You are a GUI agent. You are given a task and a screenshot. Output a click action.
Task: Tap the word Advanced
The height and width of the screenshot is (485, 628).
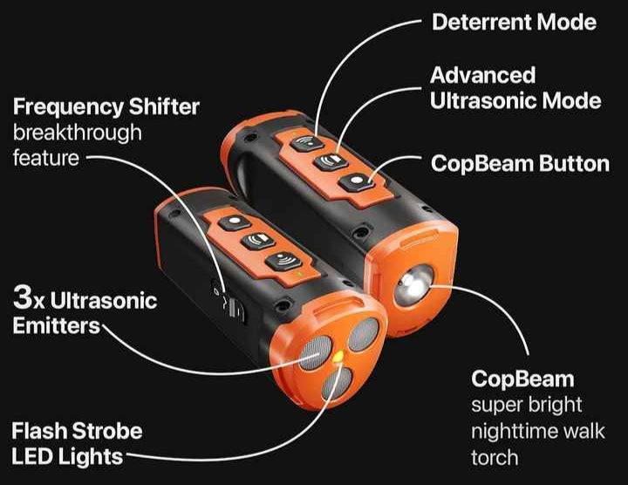point(482,75)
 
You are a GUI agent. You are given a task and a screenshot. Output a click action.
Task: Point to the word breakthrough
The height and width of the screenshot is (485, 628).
point(78,133)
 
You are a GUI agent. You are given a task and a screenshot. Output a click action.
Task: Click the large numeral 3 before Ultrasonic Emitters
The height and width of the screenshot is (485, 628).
point(22,297)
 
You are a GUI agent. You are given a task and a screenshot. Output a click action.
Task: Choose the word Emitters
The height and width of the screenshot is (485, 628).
point(56,325)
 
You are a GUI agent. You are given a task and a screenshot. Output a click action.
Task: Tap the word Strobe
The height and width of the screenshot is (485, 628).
point(108,431)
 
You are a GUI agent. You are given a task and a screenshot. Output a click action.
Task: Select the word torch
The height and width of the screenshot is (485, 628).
point(495,457)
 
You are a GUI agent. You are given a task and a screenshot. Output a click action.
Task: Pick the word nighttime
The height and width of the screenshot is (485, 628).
point(512,432)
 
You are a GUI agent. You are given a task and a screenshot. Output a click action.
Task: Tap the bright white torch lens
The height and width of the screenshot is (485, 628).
point(413,284)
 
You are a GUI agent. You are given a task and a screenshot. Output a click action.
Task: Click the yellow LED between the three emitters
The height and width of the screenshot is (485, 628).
point(338,356)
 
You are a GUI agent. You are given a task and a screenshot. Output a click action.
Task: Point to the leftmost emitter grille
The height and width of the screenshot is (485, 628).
point(316,352)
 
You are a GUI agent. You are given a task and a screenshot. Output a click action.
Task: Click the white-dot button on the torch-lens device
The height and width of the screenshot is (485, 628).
point(356,181)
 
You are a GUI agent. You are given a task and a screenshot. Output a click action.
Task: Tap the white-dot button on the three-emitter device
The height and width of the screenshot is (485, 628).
point(235,222)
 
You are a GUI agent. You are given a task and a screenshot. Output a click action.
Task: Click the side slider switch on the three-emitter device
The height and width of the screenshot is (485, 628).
point(235,309)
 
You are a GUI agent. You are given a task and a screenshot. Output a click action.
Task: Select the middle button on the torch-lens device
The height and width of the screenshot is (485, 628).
point(331,161)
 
